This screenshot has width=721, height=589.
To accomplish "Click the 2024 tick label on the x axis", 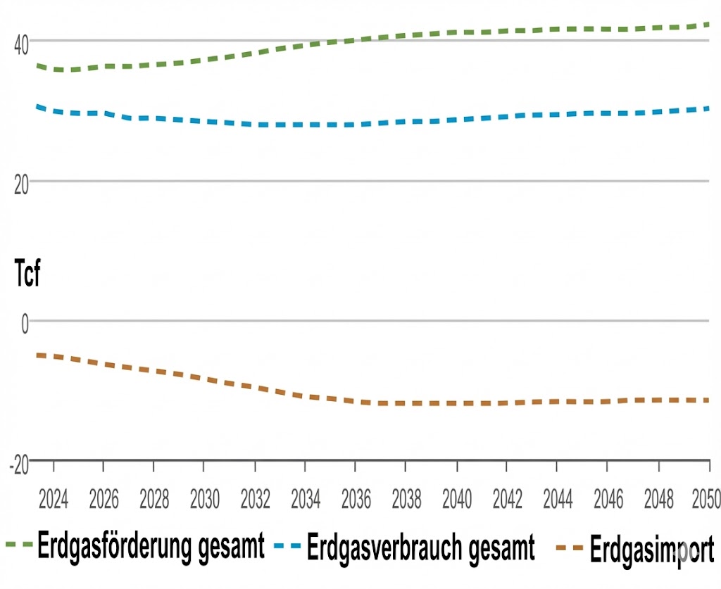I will point(53,500).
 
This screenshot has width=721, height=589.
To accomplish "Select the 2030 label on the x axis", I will point(204,500).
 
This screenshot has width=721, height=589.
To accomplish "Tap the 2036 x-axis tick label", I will point(356,500).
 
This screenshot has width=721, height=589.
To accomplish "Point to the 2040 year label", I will point(457,500).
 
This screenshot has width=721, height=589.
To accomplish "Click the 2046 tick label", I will point(608,500).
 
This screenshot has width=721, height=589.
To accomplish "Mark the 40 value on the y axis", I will point(21,42).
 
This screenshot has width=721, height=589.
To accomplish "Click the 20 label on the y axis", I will point(21,184).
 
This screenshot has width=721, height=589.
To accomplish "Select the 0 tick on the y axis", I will point(25,324).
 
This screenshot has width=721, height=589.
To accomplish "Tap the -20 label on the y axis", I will point(19,465).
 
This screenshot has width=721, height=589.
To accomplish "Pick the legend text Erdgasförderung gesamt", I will point(151,546).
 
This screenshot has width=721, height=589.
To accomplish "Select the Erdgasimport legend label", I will point(652,549).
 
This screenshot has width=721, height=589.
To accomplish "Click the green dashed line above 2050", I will point(707,25).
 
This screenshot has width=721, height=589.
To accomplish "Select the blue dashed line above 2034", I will point(305,125).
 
